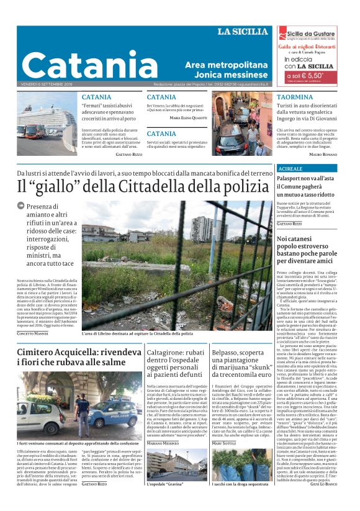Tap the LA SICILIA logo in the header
coord(243,32)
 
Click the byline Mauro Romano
coord(323,153)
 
